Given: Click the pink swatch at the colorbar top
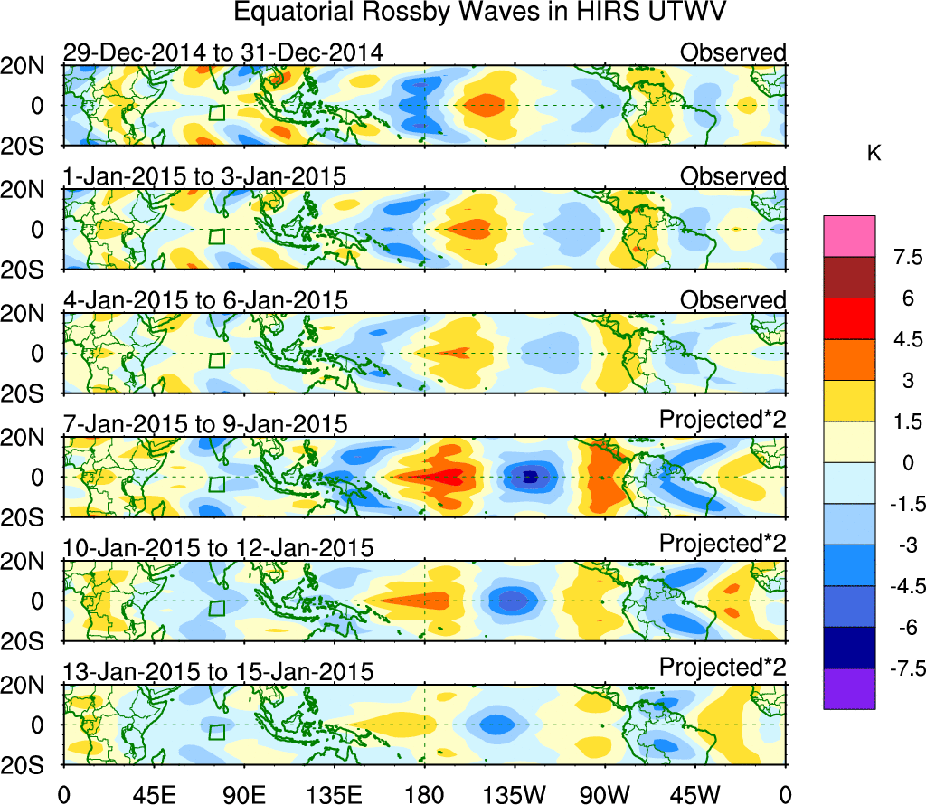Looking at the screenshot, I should click(849, 235).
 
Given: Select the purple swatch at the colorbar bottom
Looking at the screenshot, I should click(849, 687).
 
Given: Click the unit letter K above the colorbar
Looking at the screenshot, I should click(874, 155).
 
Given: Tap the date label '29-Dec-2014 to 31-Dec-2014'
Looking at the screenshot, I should click(223, 52).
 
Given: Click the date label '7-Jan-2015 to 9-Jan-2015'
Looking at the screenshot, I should click(204, 423).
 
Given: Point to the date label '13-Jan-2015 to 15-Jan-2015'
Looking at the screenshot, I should click(218, 672).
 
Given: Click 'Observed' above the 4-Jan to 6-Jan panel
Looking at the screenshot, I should click(733, 299).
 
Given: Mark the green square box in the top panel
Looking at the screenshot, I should click(216, 112).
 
